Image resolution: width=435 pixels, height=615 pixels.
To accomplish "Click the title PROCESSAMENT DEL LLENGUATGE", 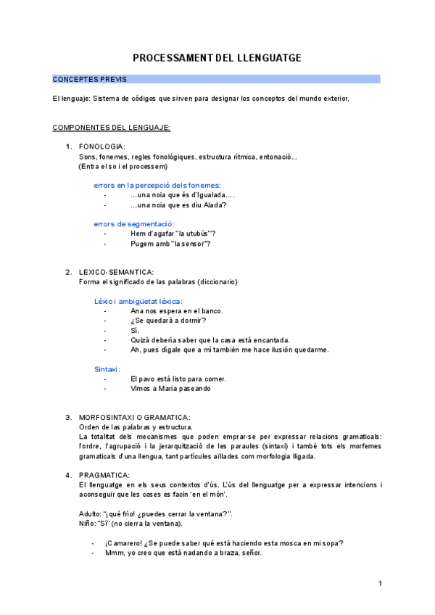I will (x=217, y=58).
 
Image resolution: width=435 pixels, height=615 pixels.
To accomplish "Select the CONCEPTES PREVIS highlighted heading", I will (x=84, y=79).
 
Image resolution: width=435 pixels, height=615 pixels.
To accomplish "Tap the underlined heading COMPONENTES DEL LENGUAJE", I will (x=112, y=128).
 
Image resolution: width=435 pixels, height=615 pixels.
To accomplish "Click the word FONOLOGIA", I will (x=101, y=147).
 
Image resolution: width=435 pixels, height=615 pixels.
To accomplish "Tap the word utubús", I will (x=196, y=234).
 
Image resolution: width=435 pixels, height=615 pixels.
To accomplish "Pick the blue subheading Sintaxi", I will (x=107, y=369).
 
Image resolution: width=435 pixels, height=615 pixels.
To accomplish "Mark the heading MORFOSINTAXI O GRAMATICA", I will (x=134, y=418).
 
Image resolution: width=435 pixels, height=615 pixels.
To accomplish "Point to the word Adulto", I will (x=91, y=513).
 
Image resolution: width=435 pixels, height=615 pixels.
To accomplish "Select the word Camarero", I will (x=125, y=543).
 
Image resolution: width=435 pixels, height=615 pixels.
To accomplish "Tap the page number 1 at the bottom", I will (x=379, y=584).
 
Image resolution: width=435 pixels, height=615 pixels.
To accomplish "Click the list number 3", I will (x=68, y=418).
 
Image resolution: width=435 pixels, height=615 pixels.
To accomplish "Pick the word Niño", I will (x=87, y=523).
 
